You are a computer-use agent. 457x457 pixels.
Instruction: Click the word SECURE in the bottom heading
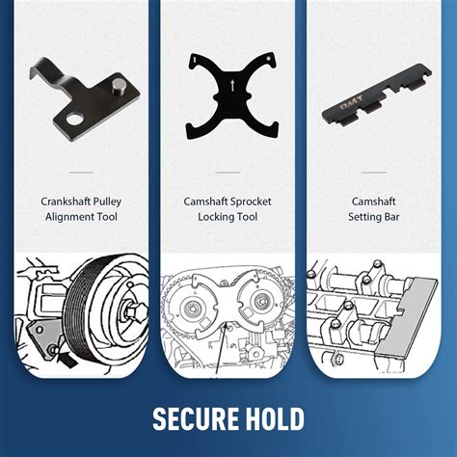click(196, 418)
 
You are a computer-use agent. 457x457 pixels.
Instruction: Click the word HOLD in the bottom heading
click(275, 418)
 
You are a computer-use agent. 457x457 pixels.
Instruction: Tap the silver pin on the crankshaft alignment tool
click(119, 86)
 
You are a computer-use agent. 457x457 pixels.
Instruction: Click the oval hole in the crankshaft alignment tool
click(75, 120)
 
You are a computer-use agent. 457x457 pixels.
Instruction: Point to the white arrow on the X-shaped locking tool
click(232, 85)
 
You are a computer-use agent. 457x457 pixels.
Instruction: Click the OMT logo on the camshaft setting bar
click(351, 102)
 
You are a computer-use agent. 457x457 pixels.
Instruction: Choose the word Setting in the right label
click(364, 217)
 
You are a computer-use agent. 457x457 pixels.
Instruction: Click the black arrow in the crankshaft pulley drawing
click(67, 358)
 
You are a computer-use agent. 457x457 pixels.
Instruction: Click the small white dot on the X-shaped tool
click(268, 58)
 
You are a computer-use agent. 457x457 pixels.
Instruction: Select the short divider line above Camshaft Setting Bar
click(373, 173)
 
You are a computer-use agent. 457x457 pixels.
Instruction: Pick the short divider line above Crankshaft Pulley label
click(81, 173)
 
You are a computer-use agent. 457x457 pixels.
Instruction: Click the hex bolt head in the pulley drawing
click(134, 312)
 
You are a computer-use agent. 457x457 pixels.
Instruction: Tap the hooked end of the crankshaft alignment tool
click(38, 68)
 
